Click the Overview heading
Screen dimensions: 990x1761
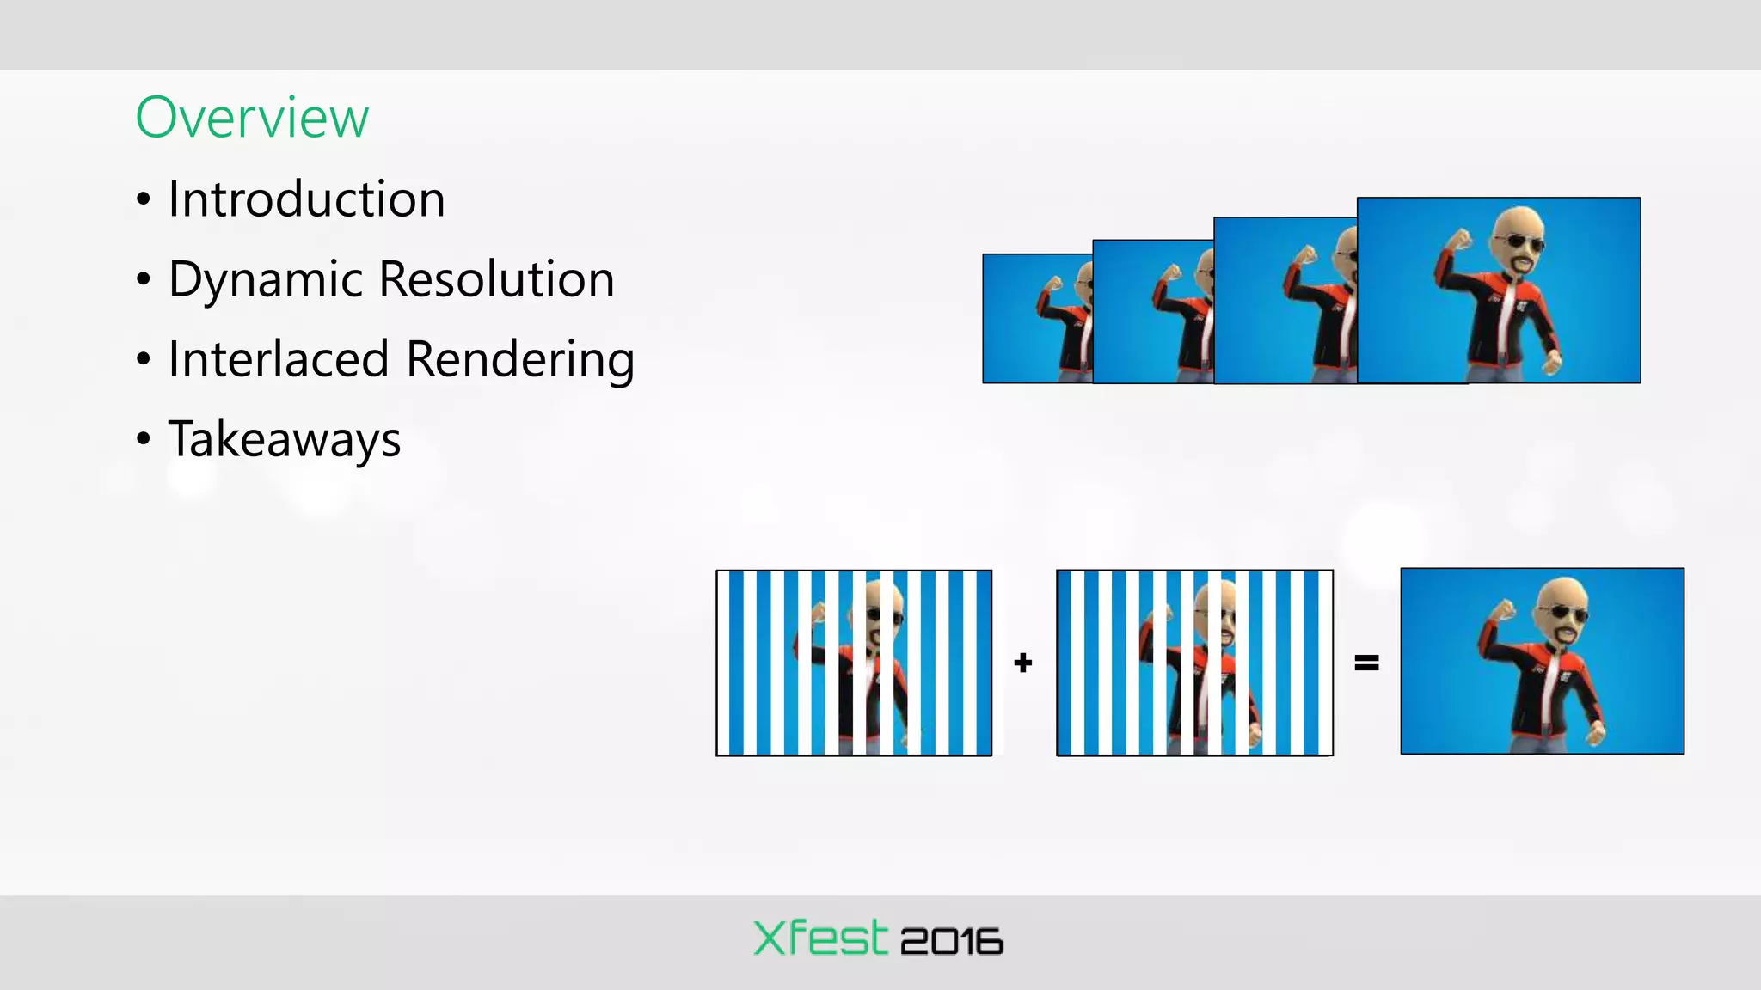pos(252,118)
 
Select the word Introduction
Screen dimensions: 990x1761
pos(306,199)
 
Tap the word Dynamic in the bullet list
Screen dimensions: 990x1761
pos(266,280)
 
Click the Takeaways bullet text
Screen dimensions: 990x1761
pos(284,440)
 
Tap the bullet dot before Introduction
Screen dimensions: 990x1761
pos(144,200)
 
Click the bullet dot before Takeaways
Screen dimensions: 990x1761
pos(144,439)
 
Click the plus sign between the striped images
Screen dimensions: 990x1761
pos(1022,663)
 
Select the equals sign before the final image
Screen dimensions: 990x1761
pos(1366,663)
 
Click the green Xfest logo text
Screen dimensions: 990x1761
pos(819,938)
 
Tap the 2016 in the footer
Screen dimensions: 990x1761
pos(951,942)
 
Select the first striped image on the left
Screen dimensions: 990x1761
pos(854,663)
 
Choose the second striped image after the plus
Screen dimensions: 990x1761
pos(1194,663)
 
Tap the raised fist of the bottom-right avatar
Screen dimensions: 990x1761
pos(1502,612)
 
